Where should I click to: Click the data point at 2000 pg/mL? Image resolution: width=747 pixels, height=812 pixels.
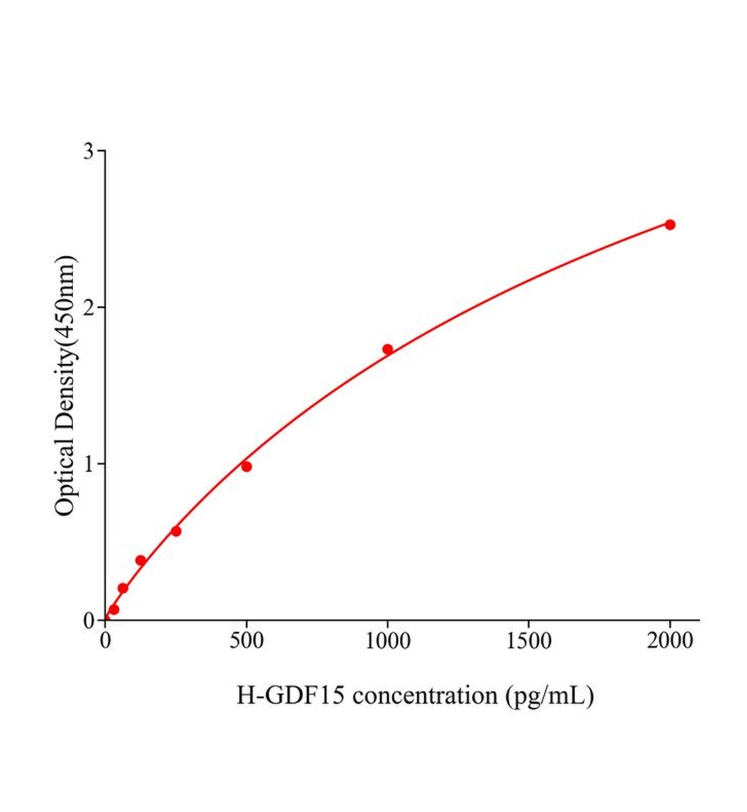(x=670, y=225)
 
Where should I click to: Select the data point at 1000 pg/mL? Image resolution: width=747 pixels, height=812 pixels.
(x=388, y=349)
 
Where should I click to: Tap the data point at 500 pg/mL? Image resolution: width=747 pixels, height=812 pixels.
(x=246, y=466)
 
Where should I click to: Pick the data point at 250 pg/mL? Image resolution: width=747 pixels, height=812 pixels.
(x=176, y=531)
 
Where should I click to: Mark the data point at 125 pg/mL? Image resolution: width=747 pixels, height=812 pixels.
(x=141, y=560)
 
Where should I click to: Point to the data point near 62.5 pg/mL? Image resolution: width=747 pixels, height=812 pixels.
(x=123, y=588)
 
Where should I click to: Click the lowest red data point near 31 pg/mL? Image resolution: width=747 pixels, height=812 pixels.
(x=114, y=610)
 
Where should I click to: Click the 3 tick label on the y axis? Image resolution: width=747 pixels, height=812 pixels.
(x=89, y=151)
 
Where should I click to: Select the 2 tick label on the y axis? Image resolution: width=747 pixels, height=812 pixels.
(x=89, y=307)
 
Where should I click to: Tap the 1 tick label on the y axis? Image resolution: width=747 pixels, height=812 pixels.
(x=89, y=464)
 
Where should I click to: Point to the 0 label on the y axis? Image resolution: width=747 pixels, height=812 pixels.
(x=89, y=621)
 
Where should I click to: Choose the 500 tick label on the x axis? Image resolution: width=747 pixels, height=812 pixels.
(x=246, y=641)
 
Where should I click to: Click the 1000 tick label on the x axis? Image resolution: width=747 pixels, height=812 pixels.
(x=388, y=641)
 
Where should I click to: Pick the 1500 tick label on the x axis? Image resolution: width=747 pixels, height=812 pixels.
(x=528, y=641)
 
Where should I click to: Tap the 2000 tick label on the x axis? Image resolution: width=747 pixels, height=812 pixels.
(x=670, y=641)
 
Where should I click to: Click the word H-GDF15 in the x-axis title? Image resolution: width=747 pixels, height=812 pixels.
(x=290, y=695)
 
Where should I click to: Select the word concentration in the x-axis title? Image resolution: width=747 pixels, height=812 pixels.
(x=424, y=695)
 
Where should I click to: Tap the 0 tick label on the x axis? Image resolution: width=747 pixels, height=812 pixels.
(x=106, y=641)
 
